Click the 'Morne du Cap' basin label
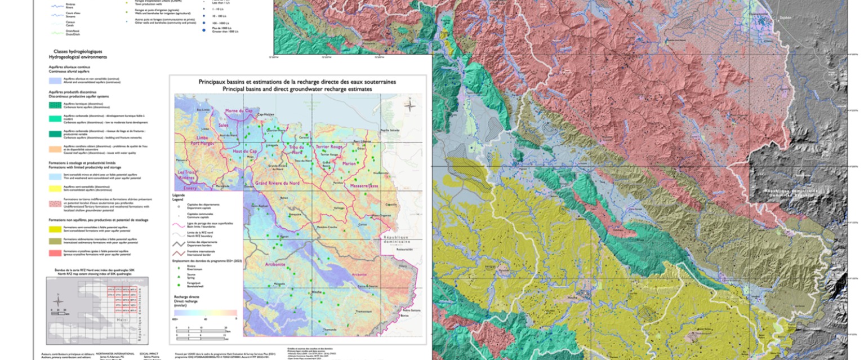pyautogui.click(x=238, y=111)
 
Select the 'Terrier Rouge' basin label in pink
pyautogui.click(x=329, y=146)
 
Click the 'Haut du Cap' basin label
pyautogui.click(x=245, y=152)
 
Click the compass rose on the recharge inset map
pyautogui.click(x=410, y=105)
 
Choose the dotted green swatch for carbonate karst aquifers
pyautogui.click(x=55, y=105)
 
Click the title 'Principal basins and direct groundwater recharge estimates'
pyautogui.click(x=297, y=89)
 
